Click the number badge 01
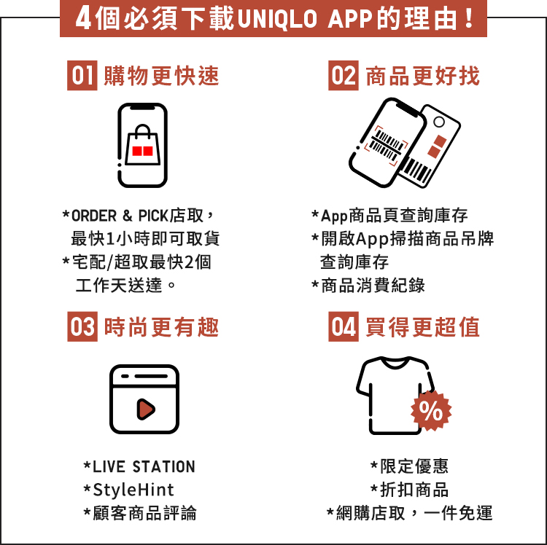82,75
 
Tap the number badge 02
344,75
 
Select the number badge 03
82,326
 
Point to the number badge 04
344,326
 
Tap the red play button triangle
146,409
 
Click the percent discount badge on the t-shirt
431,410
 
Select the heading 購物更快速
161,76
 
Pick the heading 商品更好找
423,76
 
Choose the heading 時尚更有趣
161,327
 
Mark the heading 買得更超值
423,327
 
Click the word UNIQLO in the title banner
277,19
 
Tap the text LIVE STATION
144,467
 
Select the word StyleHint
133,490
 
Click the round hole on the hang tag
439,122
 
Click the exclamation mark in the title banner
469,19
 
